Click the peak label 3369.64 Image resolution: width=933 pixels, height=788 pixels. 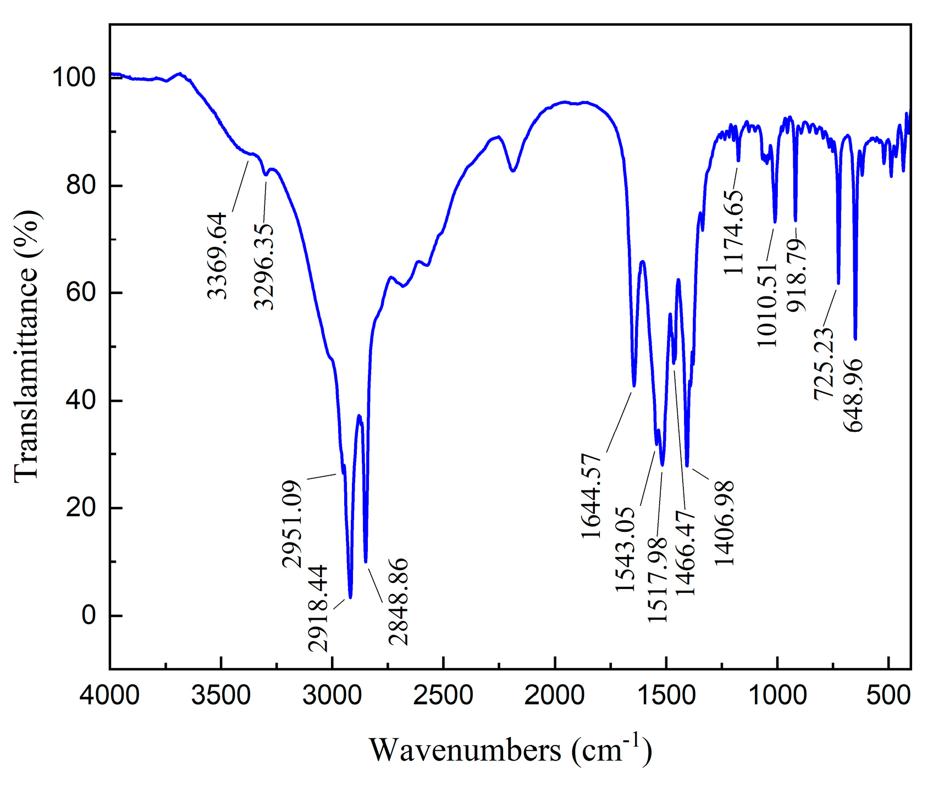pyautogui.click(x=218, y=256)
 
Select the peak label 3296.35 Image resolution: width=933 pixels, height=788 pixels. pyautogui.click(x=264, y=267)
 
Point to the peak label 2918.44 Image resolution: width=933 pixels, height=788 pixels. pyautogui.click(x=319, y=608)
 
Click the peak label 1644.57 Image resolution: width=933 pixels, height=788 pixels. pyautogui.click(x=592, y=496)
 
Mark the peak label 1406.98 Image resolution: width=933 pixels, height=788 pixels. pyautogui.click(x=725, y=523)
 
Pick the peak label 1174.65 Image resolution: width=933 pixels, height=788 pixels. pyautogui.click(x=734, y=233)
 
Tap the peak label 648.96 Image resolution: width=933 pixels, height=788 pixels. pyautogui.click(x=854, y=396)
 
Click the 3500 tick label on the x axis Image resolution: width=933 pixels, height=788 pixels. pyautogui.click(x=221, y=696)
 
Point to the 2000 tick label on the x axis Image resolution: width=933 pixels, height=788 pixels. pyautogui.click(x=554, y=696)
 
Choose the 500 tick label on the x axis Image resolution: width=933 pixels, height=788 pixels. pyautogui.click(x=887, y=696)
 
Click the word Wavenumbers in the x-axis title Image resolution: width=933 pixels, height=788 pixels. pyautogui.click(x=465, y=750)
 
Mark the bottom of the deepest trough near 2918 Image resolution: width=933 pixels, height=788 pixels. pyautogui.click(x=350, y=597)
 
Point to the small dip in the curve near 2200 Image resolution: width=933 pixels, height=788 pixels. pyautogui.click(x=513, y=170)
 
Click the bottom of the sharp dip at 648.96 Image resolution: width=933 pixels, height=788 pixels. pyautogui.click(x=855, y=339)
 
